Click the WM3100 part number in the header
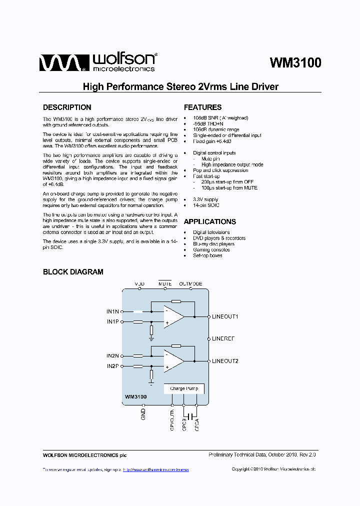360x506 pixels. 295,63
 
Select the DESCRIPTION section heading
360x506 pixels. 67,107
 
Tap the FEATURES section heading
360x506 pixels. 202,107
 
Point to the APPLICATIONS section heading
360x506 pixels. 209,221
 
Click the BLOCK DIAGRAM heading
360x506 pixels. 73,272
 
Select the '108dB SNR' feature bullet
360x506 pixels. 220,118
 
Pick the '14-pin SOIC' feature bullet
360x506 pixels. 206,205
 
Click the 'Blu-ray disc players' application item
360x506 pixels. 213,244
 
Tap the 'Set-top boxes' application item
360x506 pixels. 207,255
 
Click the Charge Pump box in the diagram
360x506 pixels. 183,388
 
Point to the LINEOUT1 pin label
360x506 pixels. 225,317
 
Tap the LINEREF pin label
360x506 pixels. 223,338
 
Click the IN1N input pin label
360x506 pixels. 112,311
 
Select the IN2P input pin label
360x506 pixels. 112,366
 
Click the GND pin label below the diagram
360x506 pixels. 143,414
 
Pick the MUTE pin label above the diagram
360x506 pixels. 165,284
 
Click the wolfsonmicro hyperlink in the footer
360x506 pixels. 155,470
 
